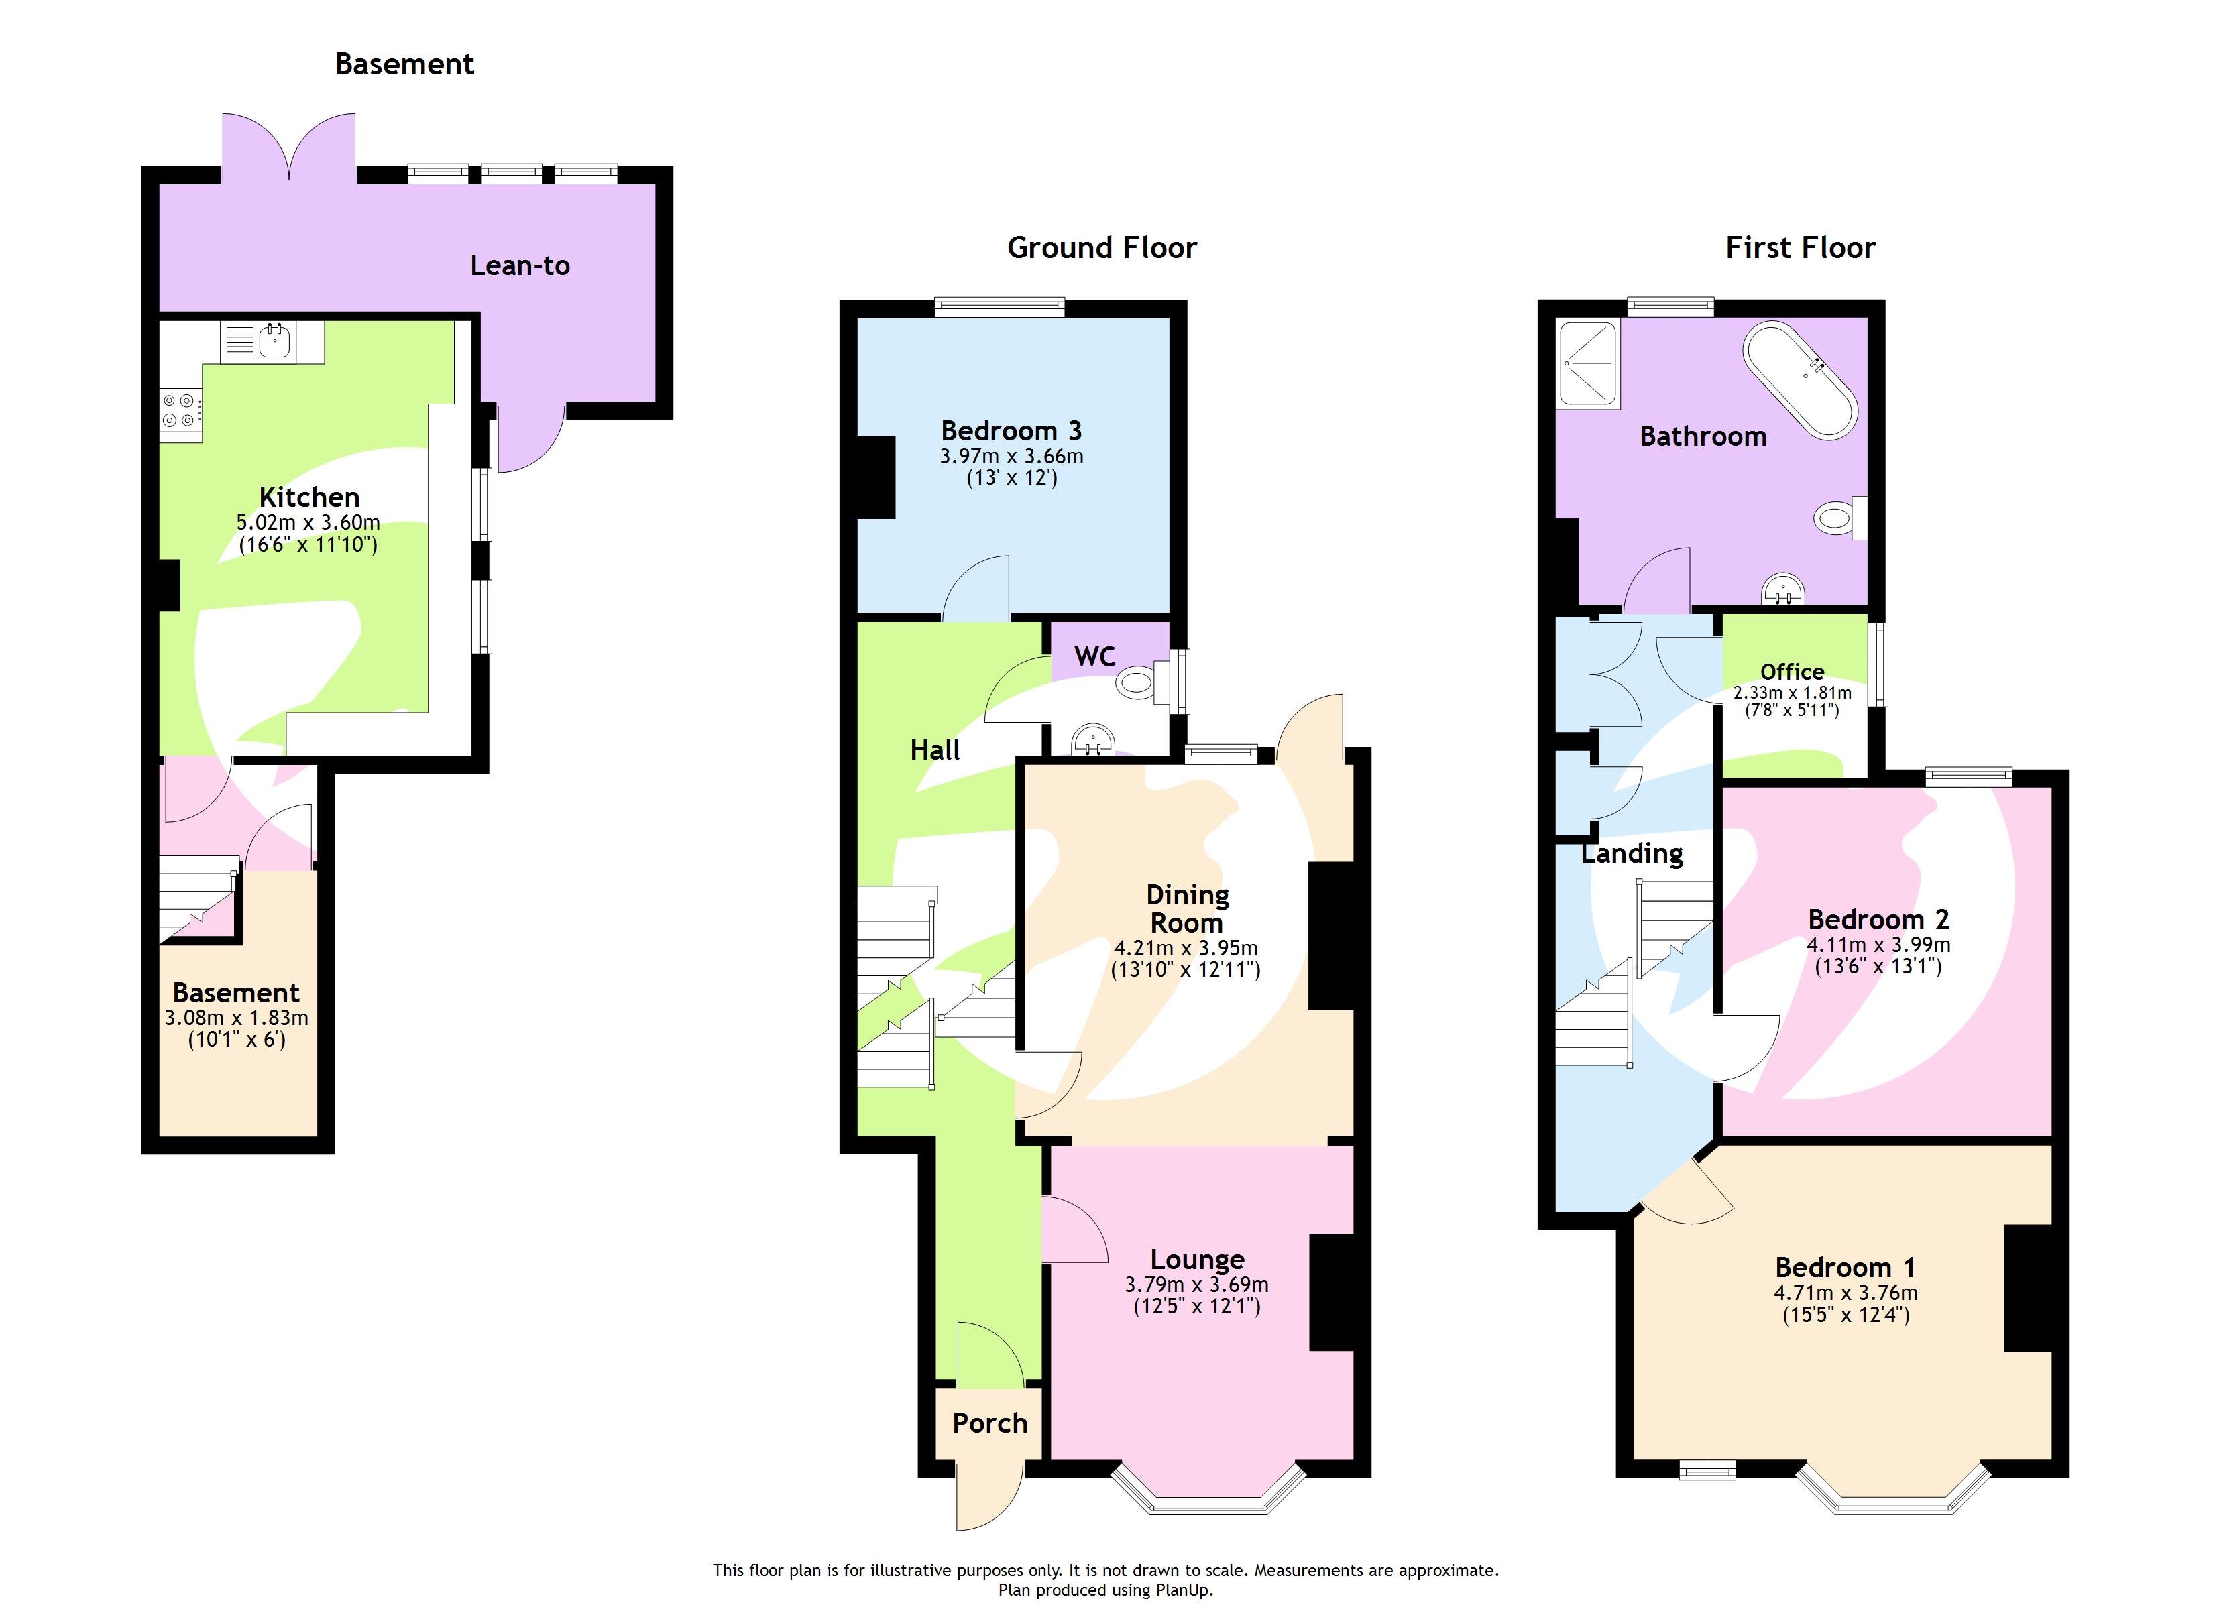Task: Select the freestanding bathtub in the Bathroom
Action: pos(1801,381)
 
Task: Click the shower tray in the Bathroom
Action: pos(1589,365)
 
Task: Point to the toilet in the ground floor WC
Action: pos(1141,681)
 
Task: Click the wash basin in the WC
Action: pos(1093,741)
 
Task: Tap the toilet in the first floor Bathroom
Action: pos(1839,517)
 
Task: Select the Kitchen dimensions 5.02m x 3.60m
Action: pos(308,523)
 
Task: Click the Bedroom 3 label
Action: pos(1011,430)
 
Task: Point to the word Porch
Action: pos(989,1423)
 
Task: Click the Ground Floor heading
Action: pos(1102,248)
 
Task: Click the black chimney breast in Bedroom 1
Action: pos(2028,1287)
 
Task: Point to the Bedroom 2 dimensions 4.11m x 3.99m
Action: pos(1878,945)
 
